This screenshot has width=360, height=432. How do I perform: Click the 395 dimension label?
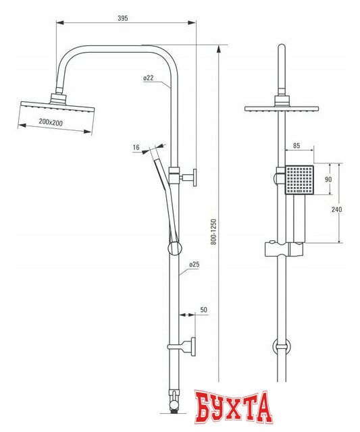point(123,18)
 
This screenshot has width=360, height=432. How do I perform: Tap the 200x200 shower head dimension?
point(51,122)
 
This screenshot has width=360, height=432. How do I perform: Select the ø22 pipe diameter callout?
point(149,78)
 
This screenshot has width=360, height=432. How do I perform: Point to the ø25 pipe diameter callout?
point(194,265)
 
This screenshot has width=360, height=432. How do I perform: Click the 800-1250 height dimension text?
point(213,232)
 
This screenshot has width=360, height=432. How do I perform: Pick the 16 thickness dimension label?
point(136,147)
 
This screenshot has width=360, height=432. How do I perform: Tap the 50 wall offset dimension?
point(203,310)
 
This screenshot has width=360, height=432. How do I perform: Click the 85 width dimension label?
point(297,146)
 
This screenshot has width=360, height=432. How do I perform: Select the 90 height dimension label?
point(328,180)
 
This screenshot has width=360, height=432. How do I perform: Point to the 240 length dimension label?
point(336,209)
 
